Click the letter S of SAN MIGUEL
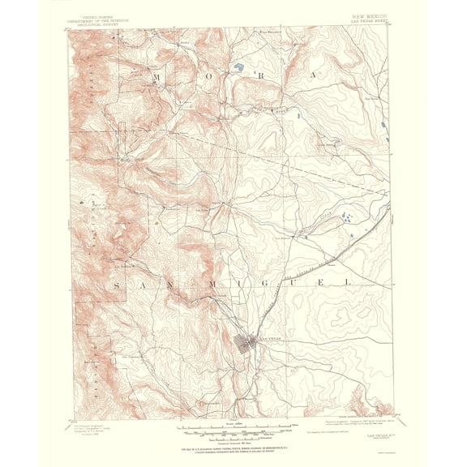tap(118, 284)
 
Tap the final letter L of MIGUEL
tap(347, 282)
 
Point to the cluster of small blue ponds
tap(346, 216)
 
